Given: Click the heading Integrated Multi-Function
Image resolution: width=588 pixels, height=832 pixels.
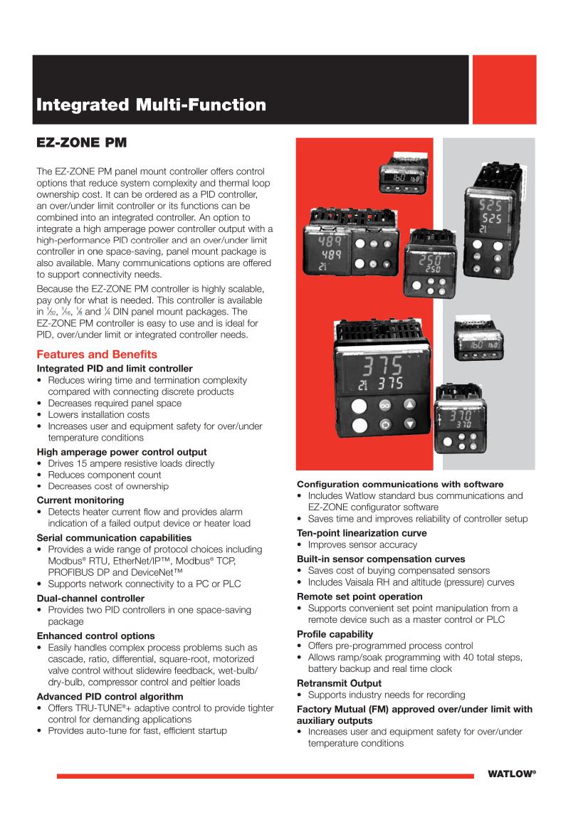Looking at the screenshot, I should pyautogui.click(x=151, y=106).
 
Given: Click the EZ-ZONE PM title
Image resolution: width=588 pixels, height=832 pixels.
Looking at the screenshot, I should pyautogui.click(x=81, y=143).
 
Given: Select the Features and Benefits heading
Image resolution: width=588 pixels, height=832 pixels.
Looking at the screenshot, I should pyautogui.click(x=97, y=354).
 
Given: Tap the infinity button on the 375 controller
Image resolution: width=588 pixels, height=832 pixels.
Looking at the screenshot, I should pyautogui.click(x=384, y=405).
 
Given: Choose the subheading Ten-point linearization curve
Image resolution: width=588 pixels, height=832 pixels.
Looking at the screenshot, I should pyautogui.click(x=362, y=533).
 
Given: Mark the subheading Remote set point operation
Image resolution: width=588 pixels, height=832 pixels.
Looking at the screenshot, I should pyautogui.click(x=359, y=596).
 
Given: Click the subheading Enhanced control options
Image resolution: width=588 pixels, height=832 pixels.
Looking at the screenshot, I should pyautogui.click(x=95, y=636).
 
